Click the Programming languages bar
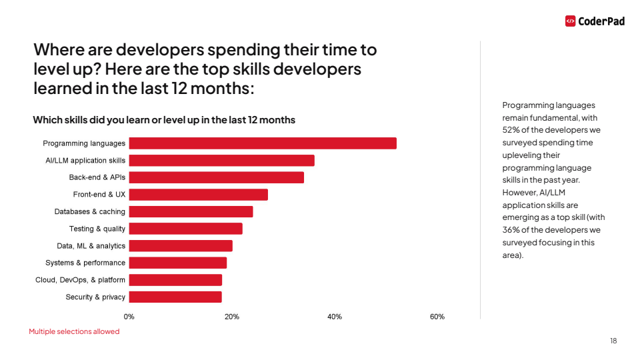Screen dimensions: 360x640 point(263,143)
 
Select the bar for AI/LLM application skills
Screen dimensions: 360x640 point(221,161)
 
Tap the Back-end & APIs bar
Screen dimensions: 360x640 point(217,177)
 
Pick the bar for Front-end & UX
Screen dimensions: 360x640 point(199,195)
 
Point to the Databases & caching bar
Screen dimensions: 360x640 point(191,211)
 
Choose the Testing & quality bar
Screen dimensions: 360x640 point(185,229)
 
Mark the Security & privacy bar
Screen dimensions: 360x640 point(175,297)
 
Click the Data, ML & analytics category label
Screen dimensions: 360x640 point(91,246)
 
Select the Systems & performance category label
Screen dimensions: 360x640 point(85,263)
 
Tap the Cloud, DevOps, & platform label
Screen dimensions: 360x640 point(80,280)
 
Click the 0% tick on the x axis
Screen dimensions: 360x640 point(129,317)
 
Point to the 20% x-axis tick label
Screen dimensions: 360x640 point(232,317)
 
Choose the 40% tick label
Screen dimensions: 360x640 point(335,317)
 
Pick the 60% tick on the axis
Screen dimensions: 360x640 point(437,317)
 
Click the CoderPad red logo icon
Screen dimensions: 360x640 point(570,21)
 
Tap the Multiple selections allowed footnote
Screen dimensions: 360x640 point(74,331)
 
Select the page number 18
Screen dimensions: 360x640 point(613,341)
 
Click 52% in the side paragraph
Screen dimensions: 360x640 point(511,130)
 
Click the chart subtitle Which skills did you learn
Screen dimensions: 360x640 point(164,120)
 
